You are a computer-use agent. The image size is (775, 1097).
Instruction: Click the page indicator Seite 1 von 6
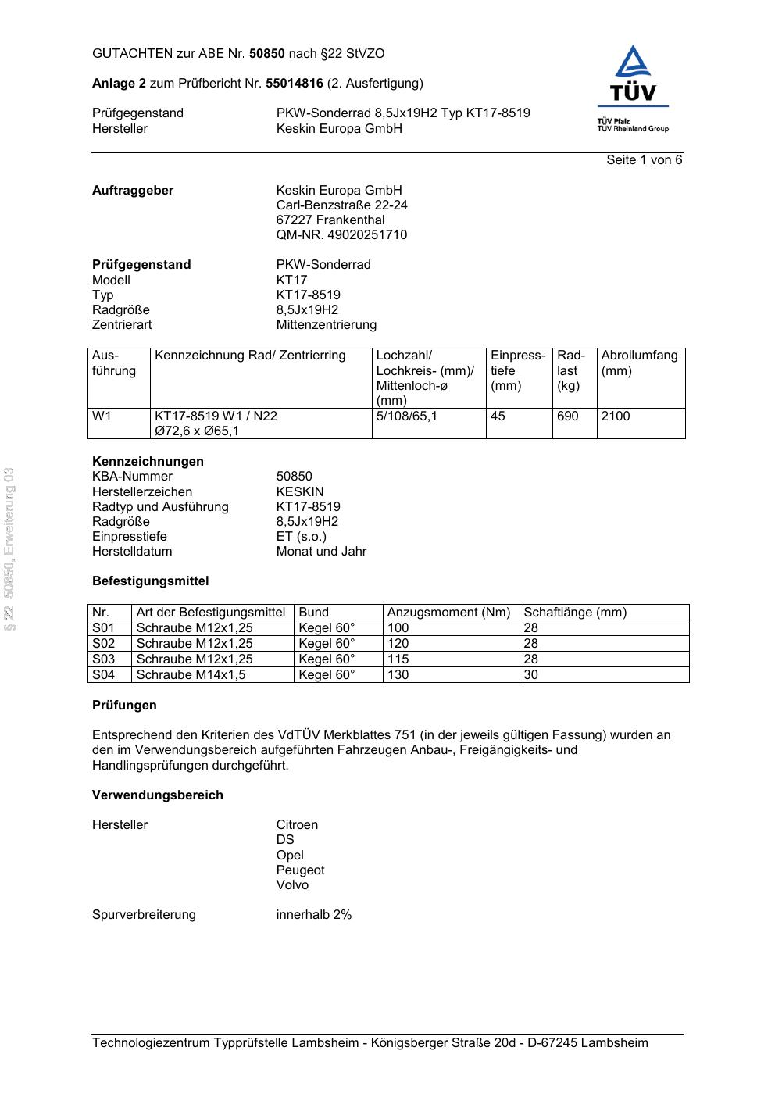[x=644, y=160]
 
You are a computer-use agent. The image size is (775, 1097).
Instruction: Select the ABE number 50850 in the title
[x=266, y=54]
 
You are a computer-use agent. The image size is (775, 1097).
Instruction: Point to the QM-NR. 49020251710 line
[x=341, y=235]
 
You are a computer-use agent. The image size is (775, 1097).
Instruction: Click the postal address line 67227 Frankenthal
[x=330, y=220]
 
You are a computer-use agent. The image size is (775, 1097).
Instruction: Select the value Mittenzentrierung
[x=326, y=325]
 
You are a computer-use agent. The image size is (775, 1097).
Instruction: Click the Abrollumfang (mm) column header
[x=639, y=363]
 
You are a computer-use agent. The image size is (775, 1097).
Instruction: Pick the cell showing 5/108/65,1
[x=407, y=416]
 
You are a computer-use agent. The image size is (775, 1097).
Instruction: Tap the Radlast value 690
[x=568, y=416]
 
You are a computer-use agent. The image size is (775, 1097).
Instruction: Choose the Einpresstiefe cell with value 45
[x=498, y=416]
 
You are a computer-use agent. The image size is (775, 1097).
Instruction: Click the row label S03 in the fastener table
[x=104, y=659]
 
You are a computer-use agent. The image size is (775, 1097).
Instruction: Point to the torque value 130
[x=398, y=675]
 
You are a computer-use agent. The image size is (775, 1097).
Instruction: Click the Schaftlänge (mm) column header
[x=575, y=613]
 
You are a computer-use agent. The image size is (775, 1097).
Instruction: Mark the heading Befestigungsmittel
[x=150, y=581]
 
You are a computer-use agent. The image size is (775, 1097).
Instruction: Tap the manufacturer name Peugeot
[x=300, y=870]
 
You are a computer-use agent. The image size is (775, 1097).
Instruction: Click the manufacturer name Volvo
[x=292, y=885]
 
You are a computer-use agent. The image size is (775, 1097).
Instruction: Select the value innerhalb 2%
[x=313, y=915]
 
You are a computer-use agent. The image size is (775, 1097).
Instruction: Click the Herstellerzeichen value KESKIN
[x=300, y=492]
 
